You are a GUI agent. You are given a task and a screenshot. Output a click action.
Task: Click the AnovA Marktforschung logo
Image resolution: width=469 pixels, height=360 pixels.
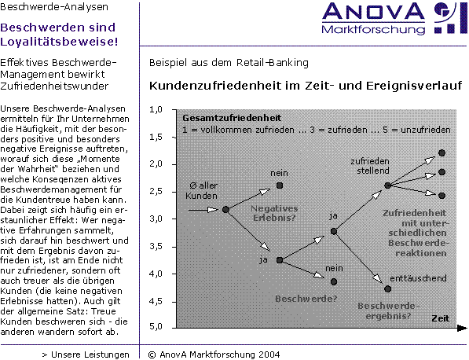tap(394, 19)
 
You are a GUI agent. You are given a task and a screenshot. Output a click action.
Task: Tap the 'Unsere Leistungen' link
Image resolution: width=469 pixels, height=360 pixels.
tap(86, 354)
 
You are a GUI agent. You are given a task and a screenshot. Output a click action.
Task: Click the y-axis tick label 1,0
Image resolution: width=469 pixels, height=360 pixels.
tap(156, 109)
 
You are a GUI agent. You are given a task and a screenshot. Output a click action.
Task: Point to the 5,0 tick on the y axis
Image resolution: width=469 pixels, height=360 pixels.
tap(156, 326)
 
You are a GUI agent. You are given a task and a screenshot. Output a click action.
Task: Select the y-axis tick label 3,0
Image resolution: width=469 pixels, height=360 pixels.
tap(156, 219)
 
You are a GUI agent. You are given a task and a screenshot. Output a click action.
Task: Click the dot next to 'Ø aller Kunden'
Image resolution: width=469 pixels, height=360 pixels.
tap(225, 210)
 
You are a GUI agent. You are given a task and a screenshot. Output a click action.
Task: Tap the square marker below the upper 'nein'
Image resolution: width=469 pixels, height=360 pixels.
tap(280, 186)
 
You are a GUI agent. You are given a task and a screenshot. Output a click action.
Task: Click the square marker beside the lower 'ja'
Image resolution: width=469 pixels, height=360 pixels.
tap(280, 260)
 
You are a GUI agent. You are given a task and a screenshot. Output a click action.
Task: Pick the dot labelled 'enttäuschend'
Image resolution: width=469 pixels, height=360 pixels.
tap(387, 288)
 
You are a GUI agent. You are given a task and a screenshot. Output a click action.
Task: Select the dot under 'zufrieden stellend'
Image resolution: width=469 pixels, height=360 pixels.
tap(387, 186)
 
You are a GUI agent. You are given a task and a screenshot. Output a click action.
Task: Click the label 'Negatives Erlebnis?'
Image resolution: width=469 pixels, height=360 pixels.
tap(274, 213)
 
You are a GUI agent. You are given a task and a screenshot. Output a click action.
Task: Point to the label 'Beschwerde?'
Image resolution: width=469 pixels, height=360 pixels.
tap(306, 299)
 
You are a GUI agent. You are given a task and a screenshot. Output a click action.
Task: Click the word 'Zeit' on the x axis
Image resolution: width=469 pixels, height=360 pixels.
tap(440, 318)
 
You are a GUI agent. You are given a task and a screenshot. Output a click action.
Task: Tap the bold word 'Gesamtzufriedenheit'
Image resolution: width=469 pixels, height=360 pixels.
tap(232, 118)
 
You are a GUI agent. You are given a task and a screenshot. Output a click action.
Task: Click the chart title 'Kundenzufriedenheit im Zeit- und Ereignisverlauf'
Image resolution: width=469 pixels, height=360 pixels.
tap(306, 86)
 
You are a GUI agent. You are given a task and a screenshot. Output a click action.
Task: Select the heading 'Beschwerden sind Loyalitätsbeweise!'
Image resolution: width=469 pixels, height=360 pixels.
tap(59, 35)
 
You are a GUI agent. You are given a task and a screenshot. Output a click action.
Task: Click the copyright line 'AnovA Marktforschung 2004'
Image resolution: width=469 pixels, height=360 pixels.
tap(214, 354)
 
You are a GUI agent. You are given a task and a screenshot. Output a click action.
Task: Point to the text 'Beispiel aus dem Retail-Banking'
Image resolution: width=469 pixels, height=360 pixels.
tap(229, 63)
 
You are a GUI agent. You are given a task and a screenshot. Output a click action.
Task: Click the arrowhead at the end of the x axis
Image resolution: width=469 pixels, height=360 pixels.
tap(463, 329)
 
